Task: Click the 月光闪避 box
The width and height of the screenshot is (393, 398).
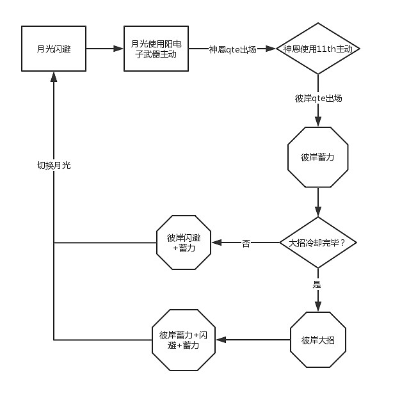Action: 54,49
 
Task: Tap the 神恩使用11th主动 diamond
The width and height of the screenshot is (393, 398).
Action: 318,49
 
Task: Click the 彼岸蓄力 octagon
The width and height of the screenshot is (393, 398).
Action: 317,157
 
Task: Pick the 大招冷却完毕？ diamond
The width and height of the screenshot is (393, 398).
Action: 317,243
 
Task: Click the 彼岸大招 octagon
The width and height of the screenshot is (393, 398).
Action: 317,339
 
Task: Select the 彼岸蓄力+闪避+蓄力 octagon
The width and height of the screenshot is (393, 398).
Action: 184,339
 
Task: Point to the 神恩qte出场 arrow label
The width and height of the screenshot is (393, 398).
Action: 232,49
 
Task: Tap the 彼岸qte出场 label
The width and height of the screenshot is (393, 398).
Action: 318,98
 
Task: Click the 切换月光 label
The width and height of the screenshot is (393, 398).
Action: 54,165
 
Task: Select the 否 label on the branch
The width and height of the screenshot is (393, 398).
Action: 246,243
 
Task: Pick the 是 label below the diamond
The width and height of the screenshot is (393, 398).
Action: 317,283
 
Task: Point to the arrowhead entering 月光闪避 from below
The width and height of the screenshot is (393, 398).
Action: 54,76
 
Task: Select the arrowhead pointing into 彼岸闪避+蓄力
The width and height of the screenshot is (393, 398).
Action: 216,243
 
